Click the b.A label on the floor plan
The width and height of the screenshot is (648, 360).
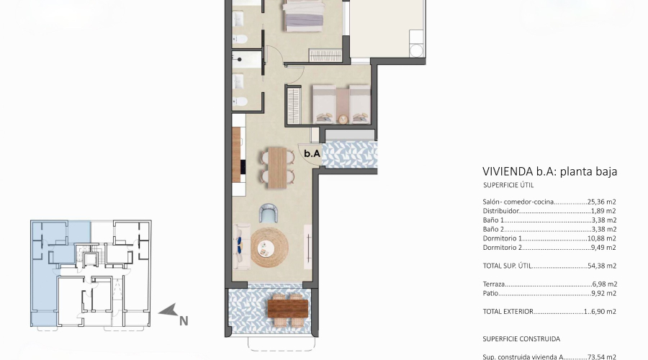click(x=311, y=153)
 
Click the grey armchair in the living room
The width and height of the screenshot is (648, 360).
click(x=269, y=213)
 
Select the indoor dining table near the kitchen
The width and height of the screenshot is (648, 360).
click(x=276, y=165)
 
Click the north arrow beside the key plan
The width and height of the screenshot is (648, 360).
click(x=169, y=311)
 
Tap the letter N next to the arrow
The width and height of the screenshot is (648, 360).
click(x=184, y=320)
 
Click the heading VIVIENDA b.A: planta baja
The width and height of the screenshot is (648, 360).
click(x=550, y=171)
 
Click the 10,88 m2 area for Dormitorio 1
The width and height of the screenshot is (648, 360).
click(x=603, y=238)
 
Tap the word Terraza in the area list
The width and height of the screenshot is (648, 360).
click(x=495, y=284)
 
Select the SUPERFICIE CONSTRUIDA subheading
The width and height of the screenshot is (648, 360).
click(x=521, y=338)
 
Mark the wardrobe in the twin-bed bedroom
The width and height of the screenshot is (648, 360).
click(x=292, y=104)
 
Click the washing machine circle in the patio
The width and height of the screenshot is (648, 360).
click(x=416, y=49)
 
